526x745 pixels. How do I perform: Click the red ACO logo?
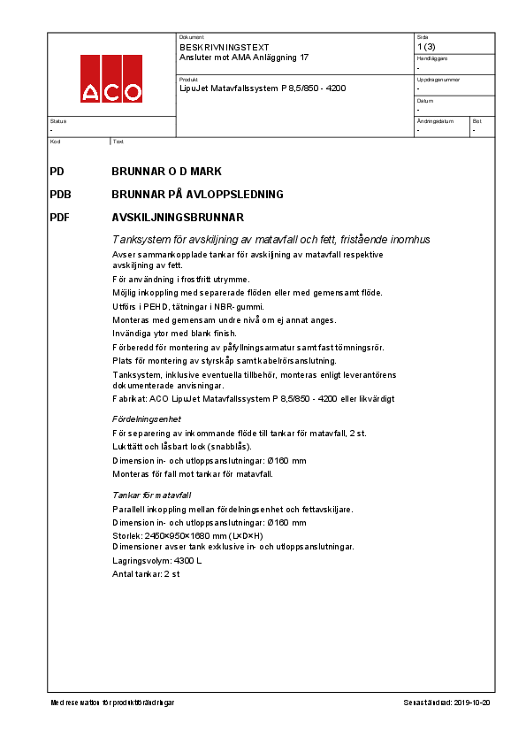(111, 79)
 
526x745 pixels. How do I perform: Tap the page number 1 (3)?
(426, 47)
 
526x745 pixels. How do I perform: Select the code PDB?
(61, 194)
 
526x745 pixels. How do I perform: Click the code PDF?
(60, 217)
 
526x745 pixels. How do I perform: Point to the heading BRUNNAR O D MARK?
(166, 171)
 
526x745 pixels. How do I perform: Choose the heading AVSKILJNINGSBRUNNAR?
(178, 217)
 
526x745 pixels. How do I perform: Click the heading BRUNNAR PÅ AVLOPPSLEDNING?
(197, 194)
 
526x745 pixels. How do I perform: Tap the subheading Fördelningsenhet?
(147, 419)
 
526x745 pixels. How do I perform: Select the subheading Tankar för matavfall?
(151, 495)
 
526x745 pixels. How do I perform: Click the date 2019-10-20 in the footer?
(472, 703)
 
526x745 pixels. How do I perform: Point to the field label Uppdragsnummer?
(436, 79)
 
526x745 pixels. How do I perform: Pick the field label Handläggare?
(432, 58)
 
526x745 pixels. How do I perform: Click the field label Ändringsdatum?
(435, 120)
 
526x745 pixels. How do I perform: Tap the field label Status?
(57, 120)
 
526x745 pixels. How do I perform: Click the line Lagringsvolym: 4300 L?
(157, 560)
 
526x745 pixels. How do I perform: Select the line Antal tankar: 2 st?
(146, 574)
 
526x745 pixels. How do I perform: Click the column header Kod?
(55, 142)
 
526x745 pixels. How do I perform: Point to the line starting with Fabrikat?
(252, 399)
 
